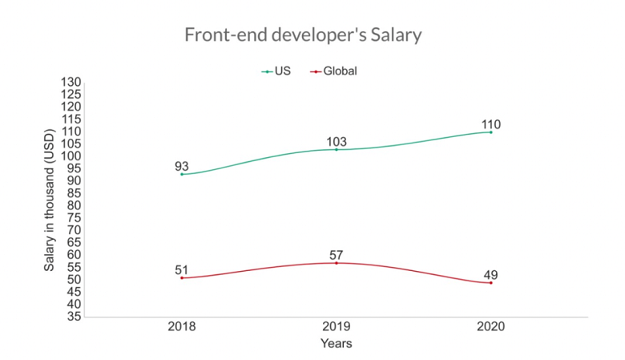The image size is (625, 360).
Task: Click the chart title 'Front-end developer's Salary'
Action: click(x=303, y=34)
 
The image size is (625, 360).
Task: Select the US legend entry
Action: click(x=276, y=71)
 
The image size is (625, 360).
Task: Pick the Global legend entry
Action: click(x=333, y=71)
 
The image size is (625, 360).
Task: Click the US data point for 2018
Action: click(x=182, y=174)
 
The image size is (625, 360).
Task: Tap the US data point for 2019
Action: click(x=337, y=149)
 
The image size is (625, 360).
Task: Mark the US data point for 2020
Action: click(x=490, y=132)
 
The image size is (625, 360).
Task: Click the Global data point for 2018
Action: click(x=182, y=278)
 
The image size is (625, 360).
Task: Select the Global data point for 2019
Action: click(x=337, y=263)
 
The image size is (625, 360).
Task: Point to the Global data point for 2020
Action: click(x=490, y=283)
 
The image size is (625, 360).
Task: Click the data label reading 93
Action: click(x=182, y=166)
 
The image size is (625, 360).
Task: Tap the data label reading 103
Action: click(x=337, y=142)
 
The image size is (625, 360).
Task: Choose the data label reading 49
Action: click(x=490, y=275)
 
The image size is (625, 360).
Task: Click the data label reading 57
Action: click(x=337, y=255)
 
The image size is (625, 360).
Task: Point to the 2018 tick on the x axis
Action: click(x=182, y=326)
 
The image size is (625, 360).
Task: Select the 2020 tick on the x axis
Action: click(x=490, y=326)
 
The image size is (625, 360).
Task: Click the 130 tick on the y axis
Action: click(x=71, y=82)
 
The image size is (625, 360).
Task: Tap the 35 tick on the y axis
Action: click(x=75, y=317)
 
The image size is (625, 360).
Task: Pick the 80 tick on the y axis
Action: click(x=75, y=205)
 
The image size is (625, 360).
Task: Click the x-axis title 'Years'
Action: click(x=337, y=343)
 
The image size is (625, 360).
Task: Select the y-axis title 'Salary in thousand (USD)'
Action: click(x=49, y=200)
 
